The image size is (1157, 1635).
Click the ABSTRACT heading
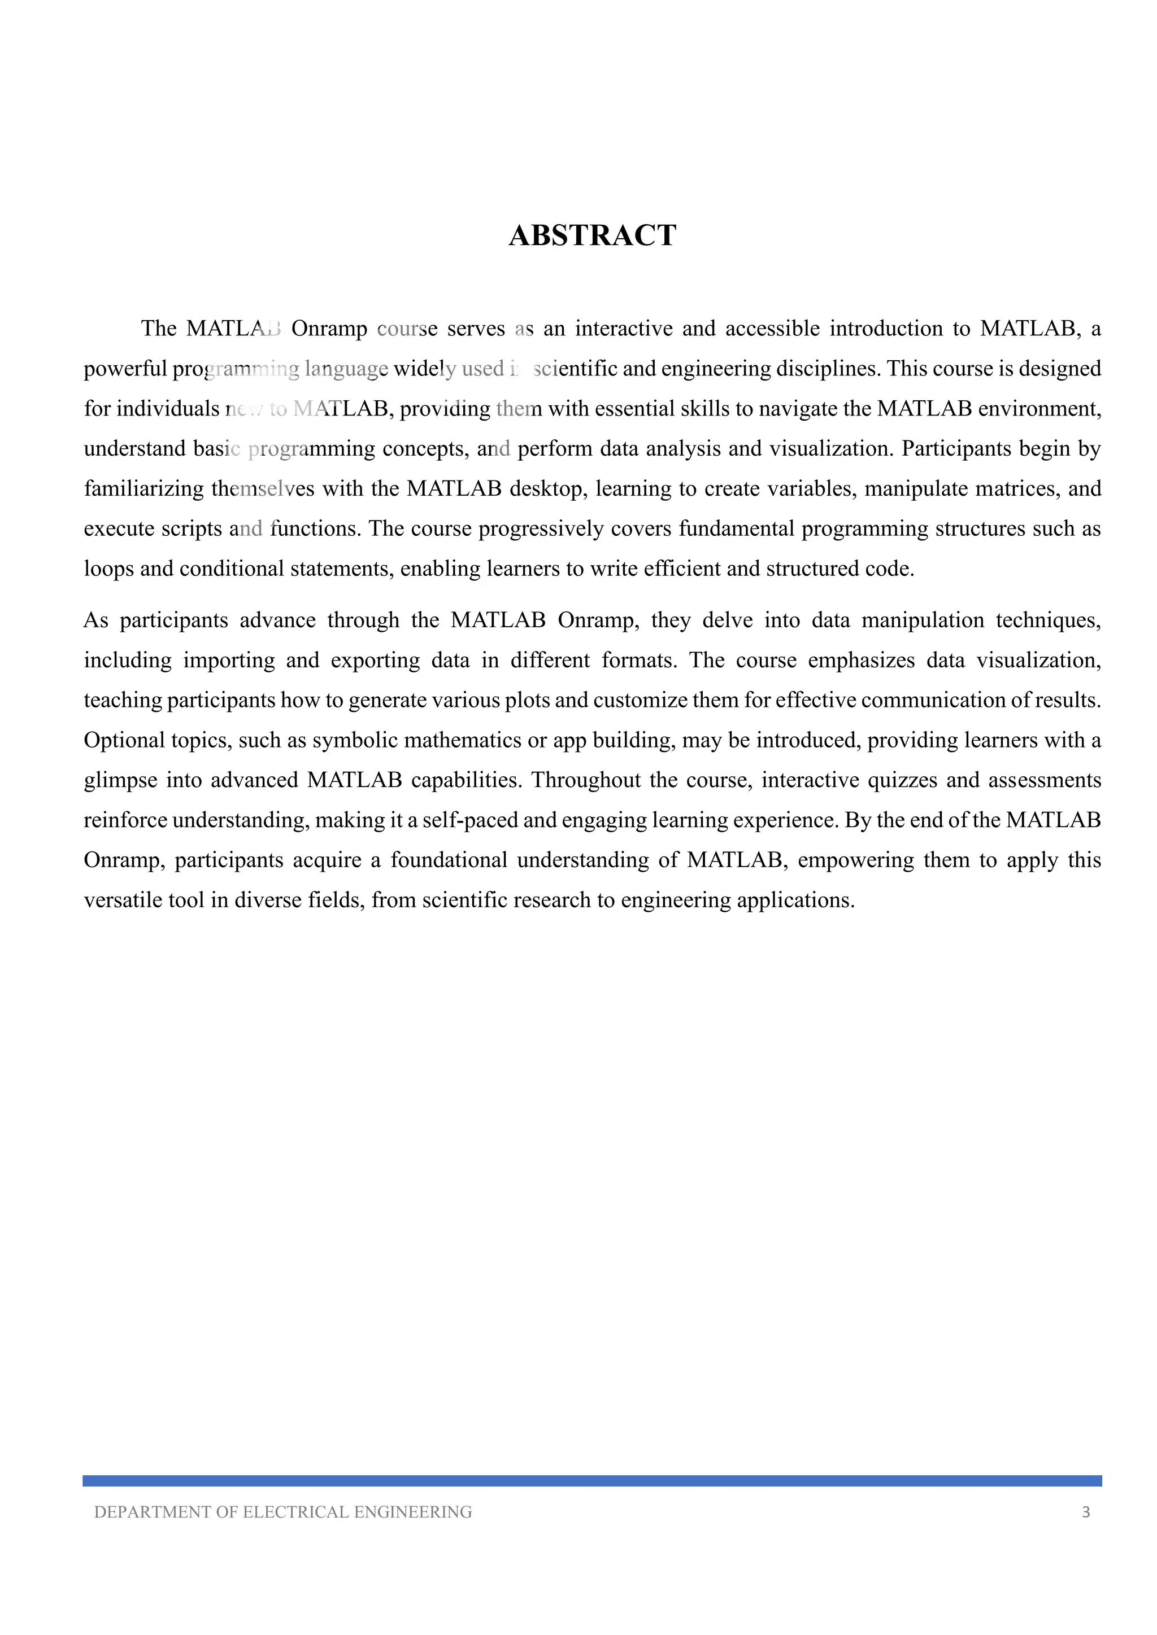592,235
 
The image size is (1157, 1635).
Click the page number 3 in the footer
1086,1512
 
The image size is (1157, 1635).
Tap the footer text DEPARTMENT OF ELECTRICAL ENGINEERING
283,1512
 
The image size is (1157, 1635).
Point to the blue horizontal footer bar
592,1480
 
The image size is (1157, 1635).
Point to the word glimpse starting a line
118,780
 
